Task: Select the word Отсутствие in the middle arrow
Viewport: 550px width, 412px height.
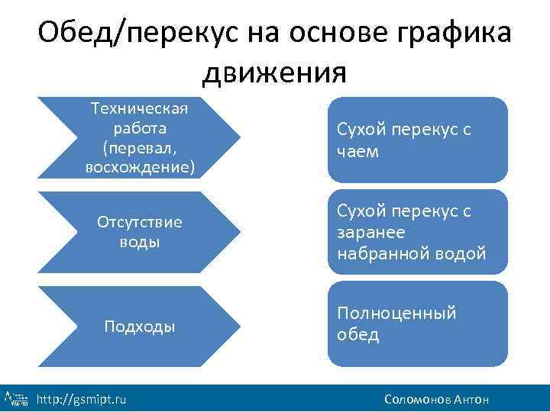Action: coord(139,222)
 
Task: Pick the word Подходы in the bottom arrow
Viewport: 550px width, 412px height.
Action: coord(139,327)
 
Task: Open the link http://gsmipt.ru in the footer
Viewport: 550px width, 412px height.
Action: coord(82,399)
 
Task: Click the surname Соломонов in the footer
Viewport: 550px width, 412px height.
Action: coord(418,399)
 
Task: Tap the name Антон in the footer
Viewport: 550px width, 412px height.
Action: coord(471,399)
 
